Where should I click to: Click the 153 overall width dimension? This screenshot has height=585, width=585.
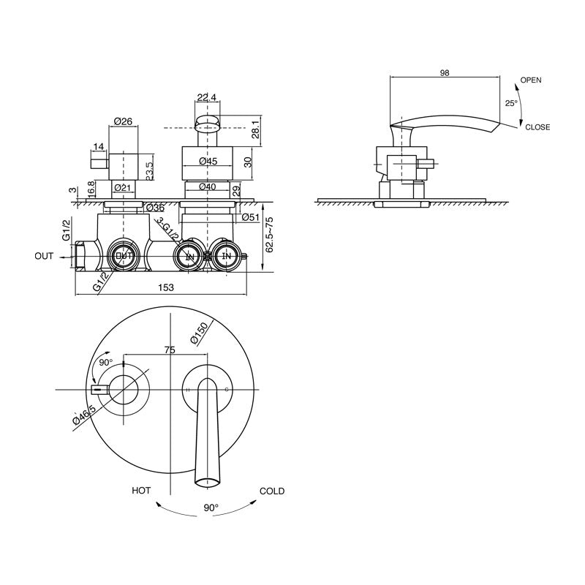[166, 287]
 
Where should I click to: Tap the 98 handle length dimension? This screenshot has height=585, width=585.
[445, 72]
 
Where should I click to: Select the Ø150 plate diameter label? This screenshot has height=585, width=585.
[198, 333]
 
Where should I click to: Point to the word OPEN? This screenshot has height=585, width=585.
[531, 80]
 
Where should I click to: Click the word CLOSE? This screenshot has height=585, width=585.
[537, 127]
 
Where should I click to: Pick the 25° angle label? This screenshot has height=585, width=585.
[511, 103]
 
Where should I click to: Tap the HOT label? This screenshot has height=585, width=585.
[141, 491]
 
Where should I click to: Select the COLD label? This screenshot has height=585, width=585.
[271, 491]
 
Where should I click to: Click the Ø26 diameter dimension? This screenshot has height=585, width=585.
[123, 121]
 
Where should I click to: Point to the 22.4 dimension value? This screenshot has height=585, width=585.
[207, 98]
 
